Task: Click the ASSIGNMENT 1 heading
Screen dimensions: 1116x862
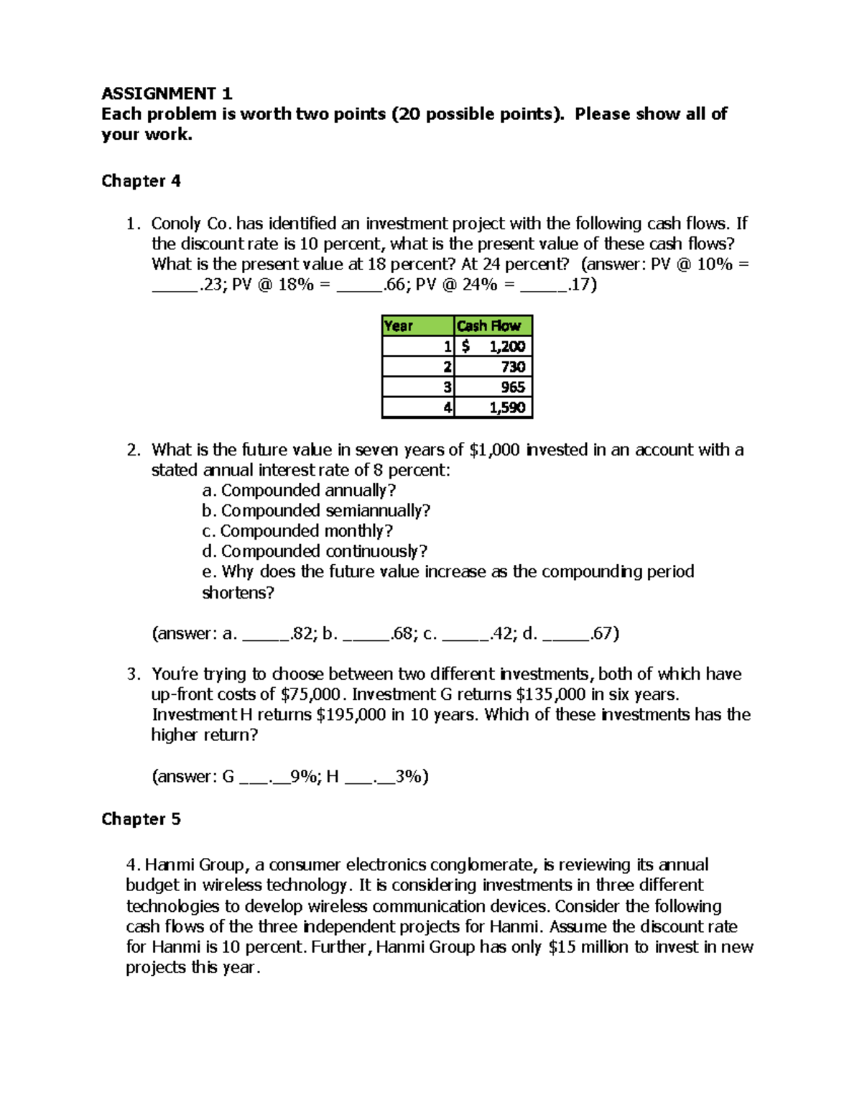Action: pyautogui.click(x=167, y=93)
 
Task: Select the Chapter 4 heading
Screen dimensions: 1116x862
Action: pyautogui.click(x=141, y=181)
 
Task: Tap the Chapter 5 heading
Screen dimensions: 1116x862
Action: pyautogui.click(x=141, y=819)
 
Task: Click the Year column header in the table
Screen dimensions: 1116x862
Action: pyautogui.click(x=417, y=326)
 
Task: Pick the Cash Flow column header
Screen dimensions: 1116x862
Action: pyautogui.click(x=493, y=326)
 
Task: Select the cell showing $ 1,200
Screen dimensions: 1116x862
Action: pyautogui.click(x=493, y=346)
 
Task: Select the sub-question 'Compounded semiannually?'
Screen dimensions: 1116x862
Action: pyautogui.click(x=325, y=511)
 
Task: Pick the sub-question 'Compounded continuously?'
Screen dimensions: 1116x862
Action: pyautogui.click(x=324, y=552)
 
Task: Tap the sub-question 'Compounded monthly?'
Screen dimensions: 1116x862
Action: pyautogui.click(x=307, y=531)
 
